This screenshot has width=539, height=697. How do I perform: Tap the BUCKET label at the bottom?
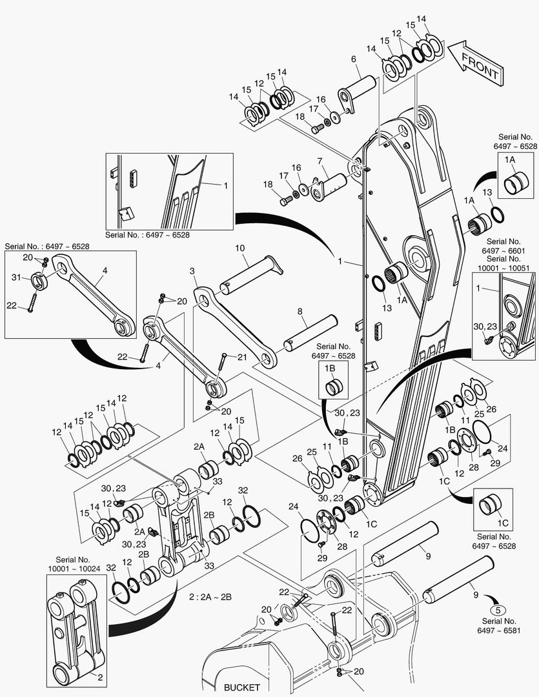241,687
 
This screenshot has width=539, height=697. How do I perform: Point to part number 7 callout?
319,160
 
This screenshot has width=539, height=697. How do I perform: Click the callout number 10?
240,248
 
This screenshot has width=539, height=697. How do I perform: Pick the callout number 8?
300,310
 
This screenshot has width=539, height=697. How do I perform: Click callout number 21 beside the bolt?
242,357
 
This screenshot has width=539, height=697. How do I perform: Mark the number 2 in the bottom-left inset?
99,678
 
